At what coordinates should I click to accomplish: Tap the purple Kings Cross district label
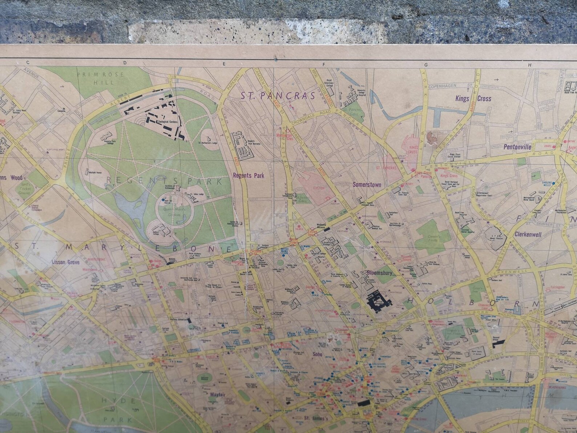coord(473,99)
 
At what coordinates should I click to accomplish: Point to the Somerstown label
coord(367,185)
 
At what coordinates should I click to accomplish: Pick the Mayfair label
coord(217,394)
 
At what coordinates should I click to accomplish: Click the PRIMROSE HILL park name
coord(100,78)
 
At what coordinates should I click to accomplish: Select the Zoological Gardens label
coord(167,122)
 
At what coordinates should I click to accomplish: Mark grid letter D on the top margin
coord(125,63)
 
